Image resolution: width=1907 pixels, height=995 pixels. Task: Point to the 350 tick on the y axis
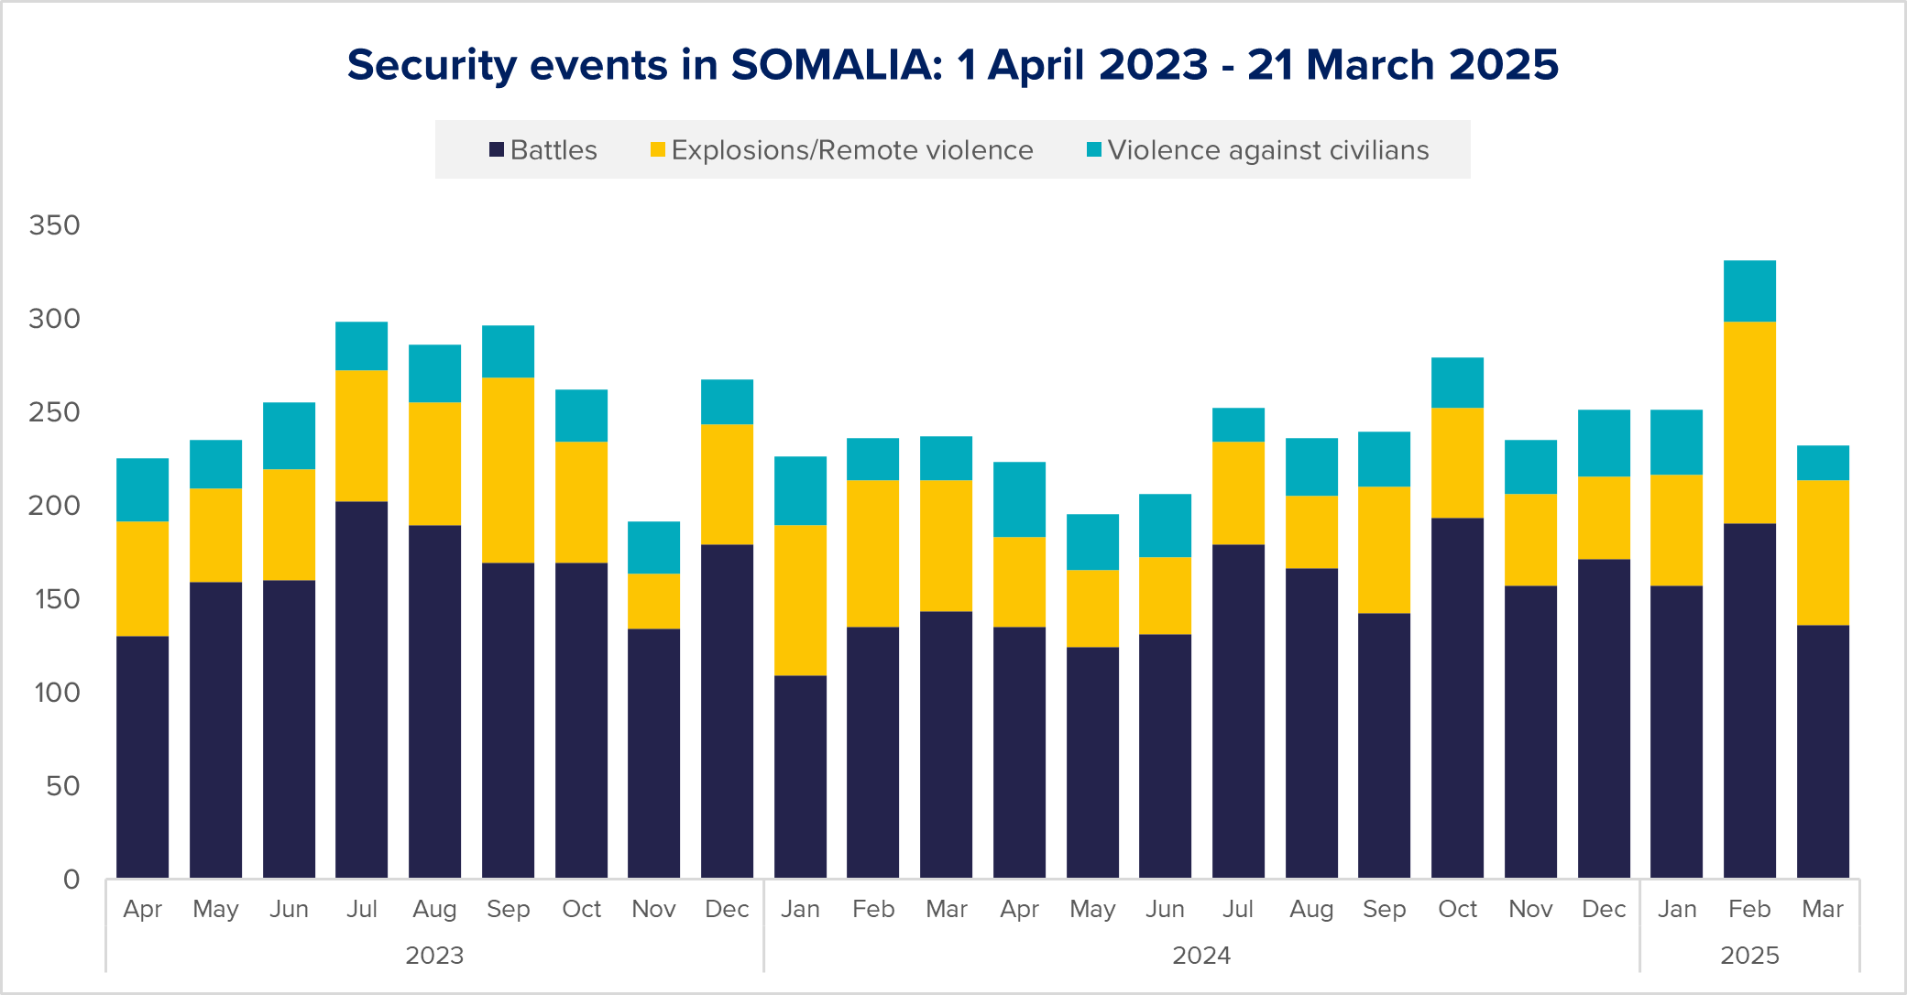point(54,225)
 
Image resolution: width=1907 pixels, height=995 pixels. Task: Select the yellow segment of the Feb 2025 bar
point(1749,422)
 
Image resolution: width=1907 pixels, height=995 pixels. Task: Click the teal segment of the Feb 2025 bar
point(1749,291)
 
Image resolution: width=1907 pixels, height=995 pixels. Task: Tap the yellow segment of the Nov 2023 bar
point(653,601)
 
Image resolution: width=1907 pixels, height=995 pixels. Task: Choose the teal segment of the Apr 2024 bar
point(1019,499)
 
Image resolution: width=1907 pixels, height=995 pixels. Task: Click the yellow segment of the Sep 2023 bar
point(508,470)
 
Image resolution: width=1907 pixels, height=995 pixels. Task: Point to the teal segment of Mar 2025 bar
point(1823,463)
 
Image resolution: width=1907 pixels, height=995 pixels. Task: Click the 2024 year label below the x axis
point(1201,956)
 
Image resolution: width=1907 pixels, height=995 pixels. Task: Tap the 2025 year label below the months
point(1749,956)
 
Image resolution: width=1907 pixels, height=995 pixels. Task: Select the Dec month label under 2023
point(727,909)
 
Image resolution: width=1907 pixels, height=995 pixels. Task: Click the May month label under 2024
point(1092,909)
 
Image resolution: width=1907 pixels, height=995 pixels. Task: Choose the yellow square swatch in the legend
point(657,150)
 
